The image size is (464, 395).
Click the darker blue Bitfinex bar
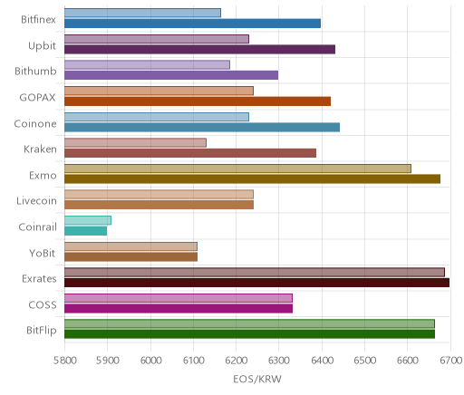click(192, 24)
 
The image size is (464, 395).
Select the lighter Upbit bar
click(157, 39)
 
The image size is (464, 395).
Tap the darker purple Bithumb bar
click(171, 75)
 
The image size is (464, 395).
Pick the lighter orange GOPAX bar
click(159, 91)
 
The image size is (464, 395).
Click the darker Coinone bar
click(202, 128)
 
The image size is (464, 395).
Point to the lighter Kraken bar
click(135, 143)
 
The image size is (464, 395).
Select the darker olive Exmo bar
click(252, 178)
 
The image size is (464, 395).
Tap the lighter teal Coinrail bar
click(88, 220)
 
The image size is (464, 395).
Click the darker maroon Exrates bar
click(256, 283)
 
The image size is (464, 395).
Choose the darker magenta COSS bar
click(179, 309)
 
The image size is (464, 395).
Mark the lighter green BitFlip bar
click(249, 323)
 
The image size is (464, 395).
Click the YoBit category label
click(43, 253)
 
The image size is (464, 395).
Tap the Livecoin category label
click(36, 201)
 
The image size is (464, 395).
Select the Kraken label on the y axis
click(40, 149)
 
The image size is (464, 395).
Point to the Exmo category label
click(43, 175)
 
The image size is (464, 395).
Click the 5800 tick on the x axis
click(64, 361)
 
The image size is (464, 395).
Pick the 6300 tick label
click(278, 361)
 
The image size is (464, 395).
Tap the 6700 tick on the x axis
click(450, 361)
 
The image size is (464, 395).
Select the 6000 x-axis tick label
click(150, 361)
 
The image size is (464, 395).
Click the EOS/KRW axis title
click(257, 379)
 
